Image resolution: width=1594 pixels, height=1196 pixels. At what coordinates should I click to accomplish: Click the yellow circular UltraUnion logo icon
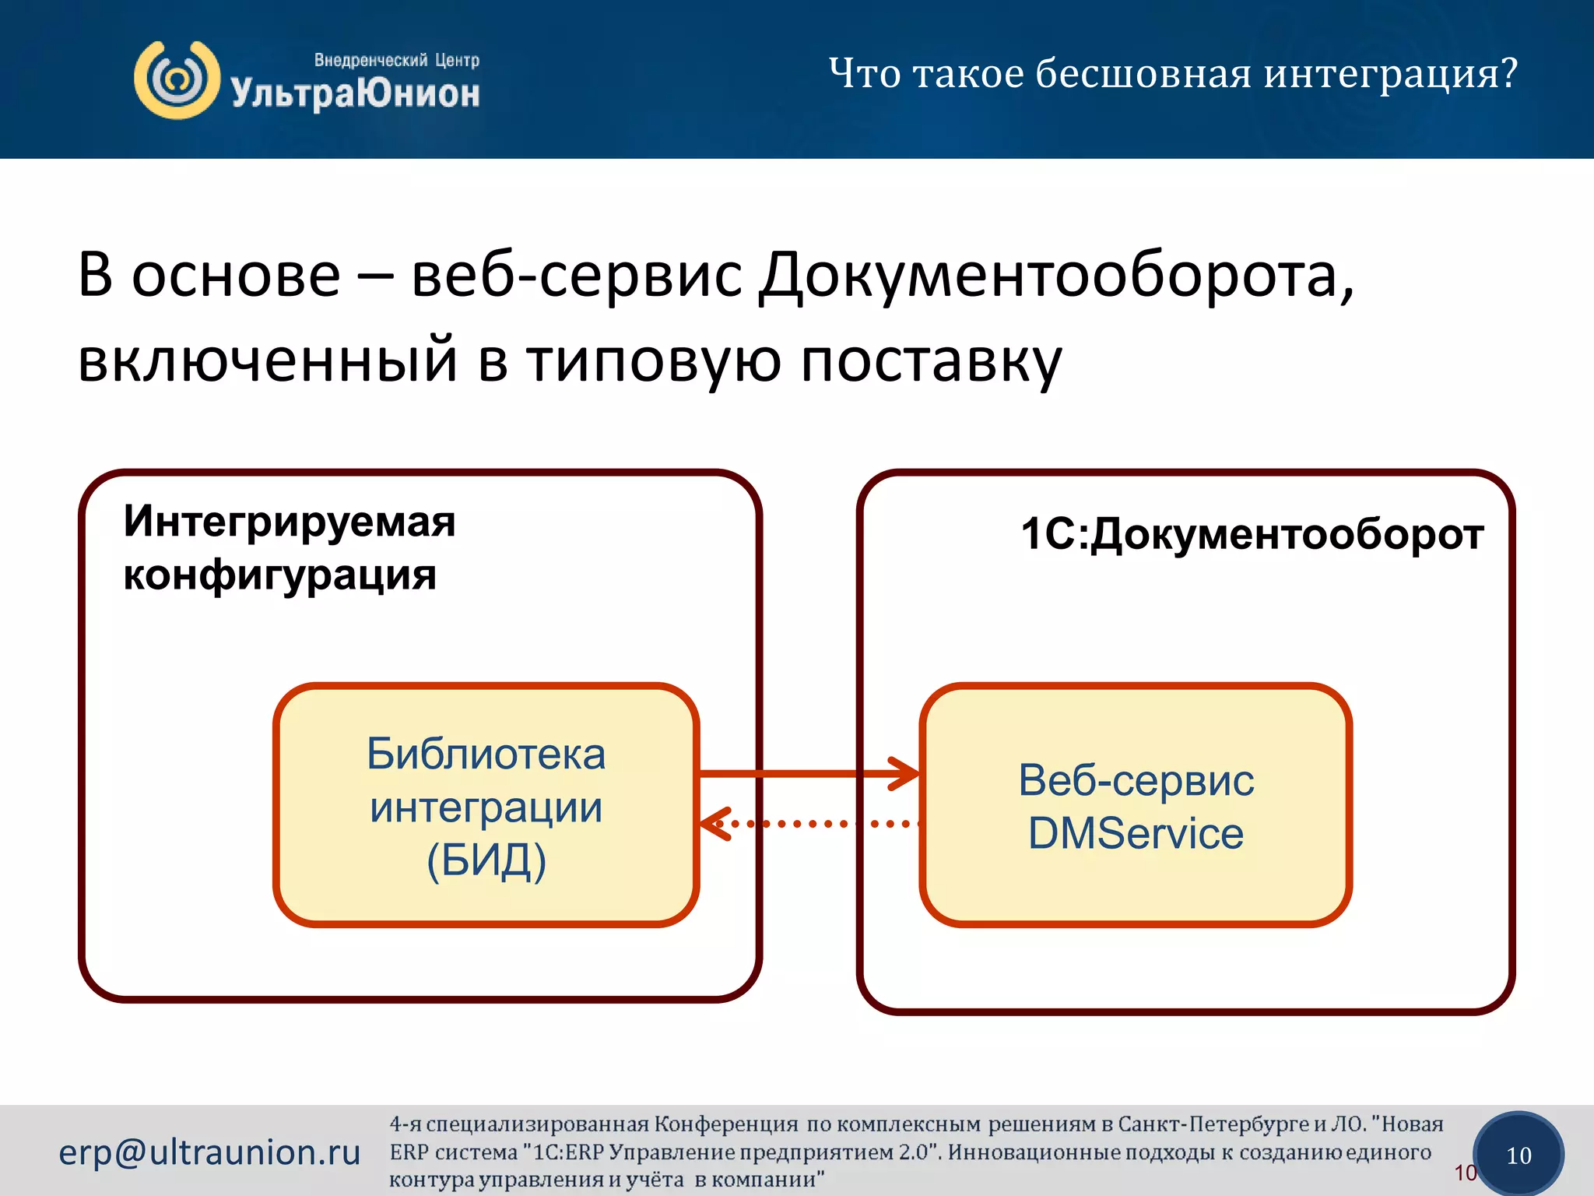[177, 80]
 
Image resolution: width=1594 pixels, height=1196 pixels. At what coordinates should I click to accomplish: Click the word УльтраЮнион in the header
[355, 93]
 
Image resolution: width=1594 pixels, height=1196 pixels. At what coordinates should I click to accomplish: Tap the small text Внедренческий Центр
[396, 60]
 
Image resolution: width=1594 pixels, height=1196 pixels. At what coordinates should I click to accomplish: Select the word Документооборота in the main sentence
[1056, 276]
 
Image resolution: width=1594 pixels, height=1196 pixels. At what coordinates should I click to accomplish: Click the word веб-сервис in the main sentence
[576, 276]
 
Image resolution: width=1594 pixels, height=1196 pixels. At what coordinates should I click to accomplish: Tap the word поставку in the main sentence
[931, 361]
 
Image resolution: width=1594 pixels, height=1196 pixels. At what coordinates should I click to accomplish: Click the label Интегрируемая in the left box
[289, 521]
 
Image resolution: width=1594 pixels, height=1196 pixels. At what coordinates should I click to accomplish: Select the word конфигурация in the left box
[279, 575]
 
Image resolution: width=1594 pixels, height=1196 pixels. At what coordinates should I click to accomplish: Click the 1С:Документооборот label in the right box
[1252, 534]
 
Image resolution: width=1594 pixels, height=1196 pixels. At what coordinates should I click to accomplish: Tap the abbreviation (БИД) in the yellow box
[486, 860]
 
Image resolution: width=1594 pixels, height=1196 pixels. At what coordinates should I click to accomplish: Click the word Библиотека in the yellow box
[486, 755]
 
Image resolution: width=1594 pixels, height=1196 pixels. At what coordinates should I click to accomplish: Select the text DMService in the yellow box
[1136, 834]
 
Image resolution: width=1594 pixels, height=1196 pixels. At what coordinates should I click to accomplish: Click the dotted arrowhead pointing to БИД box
[713, 824]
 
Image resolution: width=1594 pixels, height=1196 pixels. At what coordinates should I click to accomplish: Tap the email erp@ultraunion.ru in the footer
[209, 1152]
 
